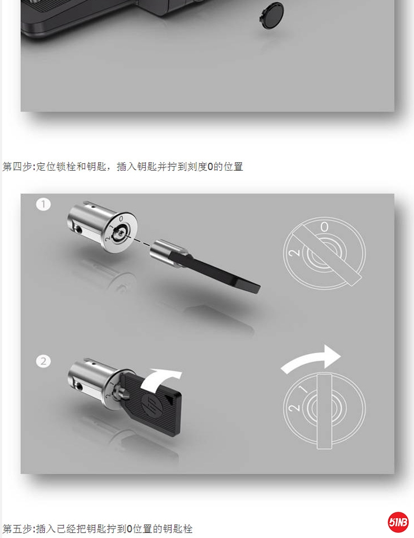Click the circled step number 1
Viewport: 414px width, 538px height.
coord(43,204)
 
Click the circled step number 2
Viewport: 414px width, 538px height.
coord(43,361)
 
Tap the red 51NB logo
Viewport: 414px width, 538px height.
coord(398,522)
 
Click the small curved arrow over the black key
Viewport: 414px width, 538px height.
coord(160,379)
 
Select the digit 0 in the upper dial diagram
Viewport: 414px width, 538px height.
coord(324,227)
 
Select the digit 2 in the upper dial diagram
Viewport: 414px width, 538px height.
coord(295,253)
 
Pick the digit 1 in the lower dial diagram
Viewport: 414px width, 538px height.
coord(303,390)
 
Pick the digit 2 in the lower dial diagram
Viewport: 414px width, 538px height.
coord(294,408)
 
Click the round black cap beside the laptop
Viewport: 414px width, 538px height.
coord(271,16)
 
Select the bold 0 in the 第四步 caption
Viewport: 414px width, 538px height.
coord(210,167)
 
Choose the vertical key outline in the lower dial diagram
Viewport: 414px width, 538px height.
coord(324,411)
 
